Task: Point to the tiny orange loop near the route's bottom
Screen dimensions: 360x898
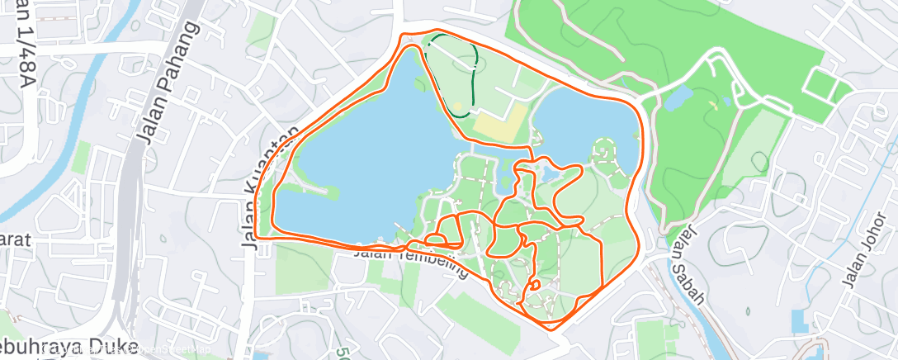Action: click(535, 285)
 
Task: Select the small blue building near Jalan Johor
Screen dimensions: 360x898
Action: click(799, 321)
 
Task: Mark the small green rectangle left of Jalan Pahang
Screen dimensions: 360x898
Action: click(80, 157)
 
